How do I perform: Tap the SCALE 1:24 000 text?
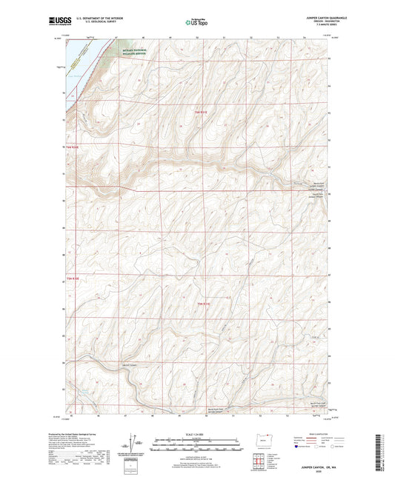(196, 433)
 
